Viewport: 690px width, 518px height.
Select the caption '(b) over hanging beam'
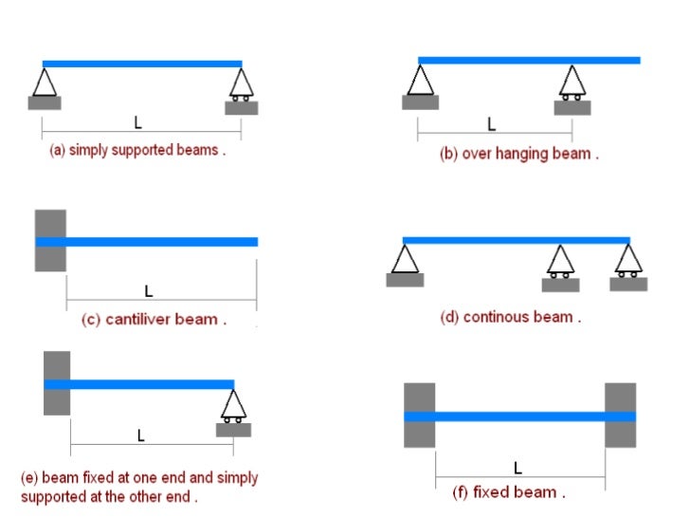[518, 154]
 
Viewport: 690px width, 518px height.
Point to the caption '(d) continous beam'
[510, 318]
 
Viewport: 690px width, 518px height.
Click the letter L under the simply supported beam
[139, 122]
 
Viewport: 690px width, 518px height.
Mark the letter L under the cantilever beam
[149, 290]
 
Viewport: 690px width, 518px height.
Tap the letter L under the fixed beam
[517, 468]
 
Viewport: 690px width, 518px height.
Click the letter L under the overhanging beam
[491, 123]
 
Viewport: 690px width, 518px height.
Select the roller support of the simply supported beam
[241, 85]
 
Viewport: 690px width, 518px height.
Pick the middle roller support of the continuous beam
[560, 262]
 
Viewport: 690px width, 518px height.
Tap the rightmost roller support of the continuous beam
[627, 261]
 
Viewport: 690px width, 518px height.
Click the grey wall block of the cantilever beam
[50, 241]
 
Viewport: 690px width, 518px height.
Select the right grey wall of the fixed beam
[621, 415]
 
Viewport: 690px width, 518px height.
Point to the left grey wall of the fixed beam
[419, 415]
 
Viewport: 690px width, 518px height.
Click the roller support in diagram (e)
[233, 406]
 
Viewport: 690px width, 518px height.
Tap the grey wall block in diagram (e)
[57, 382]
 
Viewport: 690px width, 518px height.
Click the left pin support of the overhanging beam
[420, 81]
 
